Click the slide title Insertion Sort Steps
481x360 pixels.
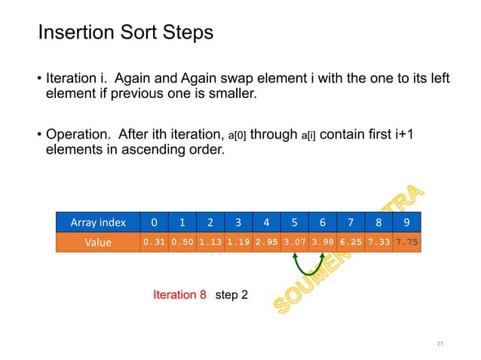125,33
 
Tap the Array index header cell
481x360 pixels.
98,222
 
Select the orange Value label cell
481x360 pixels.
98,242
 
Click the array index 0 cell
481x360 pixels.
154,222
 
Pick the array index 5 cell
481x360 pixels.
294,222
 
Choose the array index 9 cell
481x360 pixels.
406,222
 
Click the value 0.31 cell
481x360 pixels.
154,242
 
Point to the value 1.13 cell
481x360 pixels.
210,242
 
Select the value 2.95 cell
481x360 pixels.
266,242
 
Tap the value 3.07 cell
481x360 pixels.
294,242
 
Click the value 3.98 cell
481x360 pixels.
322,242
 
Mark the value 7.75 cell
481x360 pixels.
406,242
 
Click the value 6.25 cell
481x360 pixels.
351,242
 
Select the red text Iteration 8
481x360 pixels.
179,295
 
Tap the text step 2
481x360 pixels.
231,295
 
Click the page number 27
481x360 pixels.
440,343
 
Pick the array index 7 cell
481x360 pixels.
351,222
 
